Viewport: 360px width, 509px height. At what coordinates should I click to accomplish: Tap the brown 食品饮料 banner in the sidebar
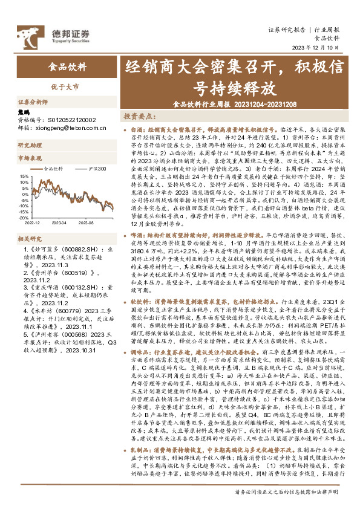(62, 67)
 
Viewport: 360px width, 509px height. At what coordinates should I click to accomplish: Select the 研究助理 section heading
(30, 146)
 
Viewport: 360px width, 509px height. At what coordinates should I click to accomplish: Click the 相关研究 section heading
(30, 239)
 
